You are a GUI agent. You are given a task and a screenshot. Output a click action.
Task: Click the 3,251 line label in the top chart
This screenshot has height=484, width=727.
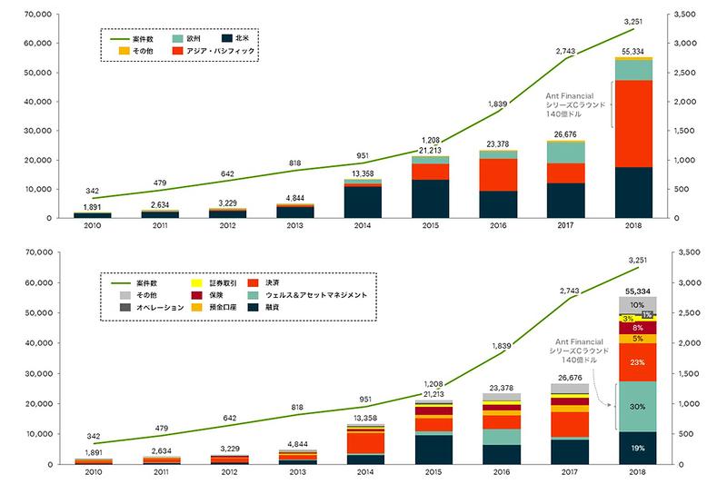coord(633,20)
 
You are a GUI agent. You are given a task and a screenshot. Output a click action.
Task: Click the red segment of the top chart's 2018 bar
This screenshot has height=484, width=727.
coord(633,123)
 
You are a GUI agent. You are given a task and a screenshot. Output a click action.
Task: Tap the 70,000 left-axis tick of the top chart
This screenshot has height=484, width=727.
coord(37,15)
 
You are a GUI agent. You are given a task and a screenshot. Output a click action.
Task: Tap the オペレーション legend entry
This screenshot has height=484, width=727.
coord(156,309)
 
